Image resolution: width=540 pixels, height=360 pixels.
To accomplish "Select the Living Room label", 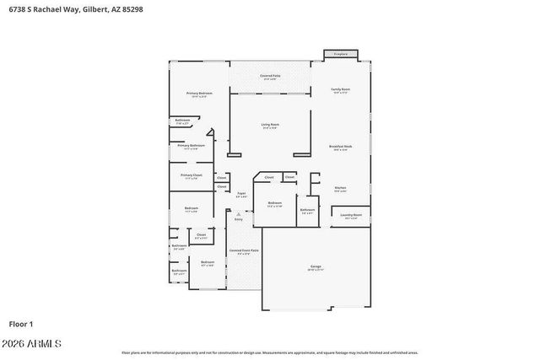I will coord(270,125).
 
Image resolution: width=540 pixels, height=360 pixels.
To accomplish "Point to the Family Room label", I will coord(340,89).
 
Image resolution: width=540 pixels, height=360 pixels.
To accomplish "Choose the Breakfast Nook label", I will coord(340,147).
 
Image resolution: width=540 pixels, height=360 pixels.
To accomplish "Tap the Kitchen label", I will coord(340,188).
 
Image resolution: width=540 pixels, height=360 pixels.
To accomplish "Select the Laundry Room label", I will coord(351,216).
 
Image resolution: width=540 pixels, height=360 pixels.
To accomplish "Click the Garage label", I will coord(316,267).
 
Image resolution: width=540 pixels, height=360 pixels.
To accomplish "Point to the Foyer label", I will coord(241,194).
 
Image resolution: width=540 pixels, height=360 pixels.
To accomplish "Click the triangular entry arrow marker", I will coord(239,214).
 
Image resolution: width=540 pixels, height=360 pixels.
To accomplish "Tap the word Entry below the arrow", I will coord(239,219).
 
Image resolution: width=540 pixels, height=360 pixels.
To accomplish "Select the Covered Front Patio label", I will coord(244,251).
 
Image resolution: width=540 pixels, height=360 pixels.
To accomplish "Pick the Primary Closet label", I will coord(192,175).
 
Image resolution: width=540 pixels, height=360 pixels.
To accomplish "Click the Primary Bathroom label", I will coord(191,146).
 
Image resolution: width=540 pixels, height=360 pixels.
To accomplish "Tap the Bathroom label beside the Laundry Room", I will coord(308,210).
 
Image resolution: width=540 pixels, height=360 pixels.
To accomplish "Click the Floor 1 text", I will coord(20,323).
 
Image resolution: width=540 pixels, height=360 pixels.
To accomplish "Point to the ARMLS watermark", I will coord(34,344).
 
